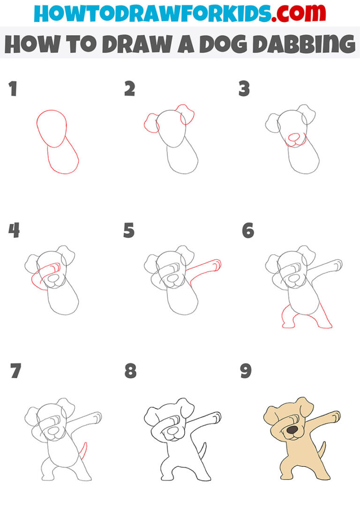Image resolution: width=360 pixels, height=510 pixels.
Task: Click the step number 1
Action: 12,89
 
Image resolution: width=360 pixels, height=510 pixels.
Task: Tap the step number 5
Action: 129,231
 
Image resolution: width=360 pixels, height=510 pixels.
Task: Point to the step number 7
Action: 15,371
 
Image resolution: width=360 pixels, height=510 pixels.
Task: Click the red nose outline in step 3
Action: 293,137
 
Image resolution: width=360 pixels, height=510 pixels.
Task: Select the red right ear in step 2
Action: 186,114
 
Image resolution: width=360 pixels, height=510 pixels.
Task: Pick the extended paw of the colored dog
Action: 334,416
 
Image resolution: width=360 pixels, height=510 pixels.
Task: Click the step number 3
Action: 244,89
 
